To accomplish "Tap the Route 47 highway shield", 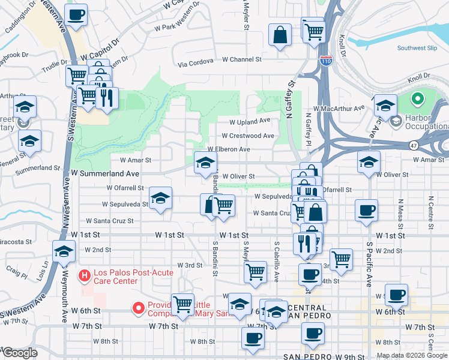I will click(414, 146).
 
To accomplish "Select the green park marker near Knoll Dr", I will click(415, 98).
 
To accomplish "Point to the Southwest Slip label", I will click(418, 48).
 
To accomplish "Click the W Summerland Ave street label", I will click(105, 173).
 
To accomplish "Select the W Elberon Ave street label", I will click(228, 149).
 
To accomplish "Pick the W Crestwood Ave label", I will click(247, 136).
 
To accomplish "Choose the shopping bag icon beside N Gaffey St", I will click(280, 35).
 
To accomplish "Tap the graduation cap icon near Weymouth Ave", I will click(64, 253).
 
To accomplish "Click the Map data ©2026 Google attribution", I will click(411, 356).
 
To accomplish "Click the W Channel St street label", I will click(242, 59).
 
